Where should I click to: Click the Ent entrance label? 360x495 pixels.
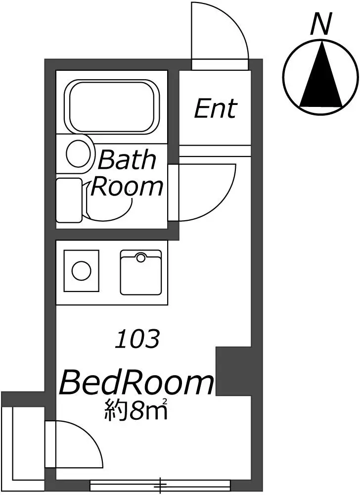215,108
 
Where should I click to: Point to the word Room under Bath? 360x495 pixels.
128,187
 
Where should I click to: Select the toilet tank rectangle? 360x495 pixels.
69,200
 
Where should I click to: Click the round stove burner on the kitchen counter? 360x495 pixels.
81,271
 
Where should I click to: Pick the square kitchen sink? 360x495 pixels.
141,273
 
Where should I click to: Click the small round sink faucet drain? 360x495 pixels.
141,257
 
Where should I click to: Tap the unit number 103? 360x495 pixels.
137,340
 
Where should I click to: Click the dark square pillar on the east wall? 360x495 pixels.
234,371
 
